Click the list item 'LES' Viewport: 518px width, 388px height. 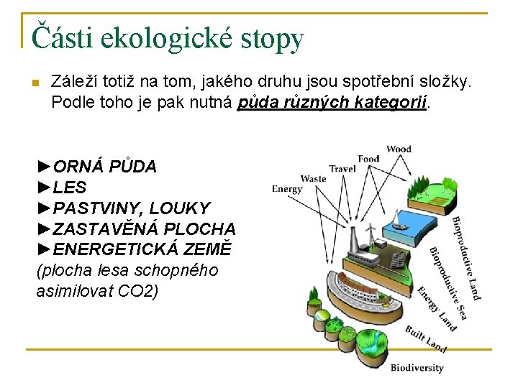coord(70,188)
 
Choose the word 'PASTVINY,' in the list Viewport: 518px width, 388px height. coord(99,208)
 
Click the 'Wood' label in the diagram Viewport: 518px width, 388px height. coord(399,149)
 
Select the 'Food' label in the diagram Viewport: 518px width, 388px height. coord(368,158)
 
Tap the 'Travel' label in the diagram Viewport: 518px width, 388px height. coord(342,169)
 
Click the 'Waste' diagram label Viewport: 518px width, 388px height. coord(313,178)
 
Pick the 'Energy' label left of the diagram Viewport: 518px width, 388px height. coord(287,190)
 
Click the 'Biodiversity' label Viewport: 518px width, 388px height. coord(417,368)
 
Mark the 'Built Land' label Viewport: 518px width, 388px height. coord(426,339)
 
